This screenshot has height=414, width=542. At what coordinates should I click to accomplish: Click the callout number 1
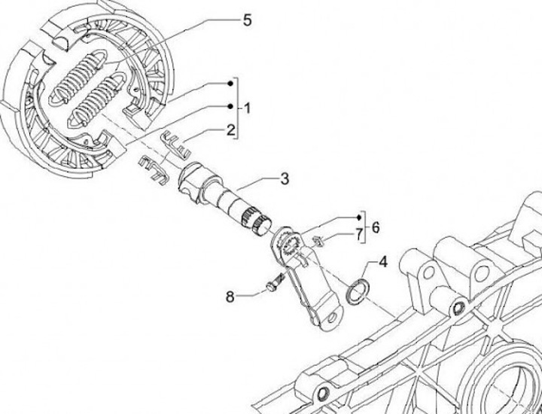point(247,109)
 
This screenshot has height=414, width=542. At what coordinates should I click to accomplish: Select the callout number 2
point(232,129)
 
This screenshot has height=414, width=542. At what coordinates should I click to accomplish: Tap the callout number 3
point(284,178)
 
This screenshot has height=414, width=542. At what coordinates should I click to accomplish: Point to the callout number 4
point(382,263)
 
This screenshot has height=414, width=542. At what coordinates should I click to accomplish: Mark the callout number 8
point(230,296)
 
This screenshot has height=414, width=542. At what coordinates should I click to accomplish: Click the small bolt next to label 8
point(273,285)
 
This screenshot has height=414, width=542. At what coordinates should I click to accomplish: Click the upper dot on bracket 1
point(233,82)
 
